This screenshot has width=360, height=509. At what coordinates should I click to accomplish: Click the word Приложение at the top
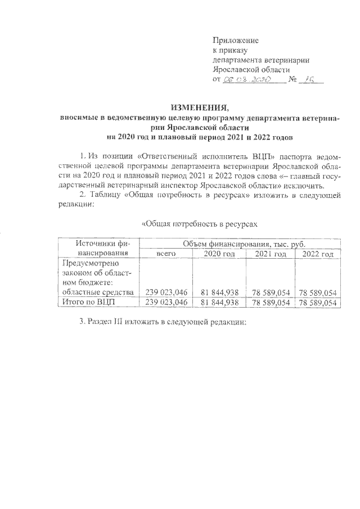[235, 40]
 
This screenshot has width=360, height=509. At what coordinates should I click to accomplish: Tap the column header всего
[166, 254]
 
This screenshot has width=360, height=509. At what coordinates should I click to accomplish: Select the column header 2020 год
[219, 254]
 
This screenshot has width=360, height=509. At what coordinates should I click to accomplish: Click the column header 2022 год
[318, 254]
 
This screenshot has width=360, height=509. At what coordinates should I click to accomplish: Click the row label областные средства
[98, 292]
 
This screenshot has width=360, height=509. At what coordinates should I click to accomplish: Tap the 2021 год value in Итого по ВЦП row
[271, 303]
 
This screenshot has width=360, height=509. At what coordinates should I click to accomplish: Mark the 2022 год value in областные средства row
[318, 292]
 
